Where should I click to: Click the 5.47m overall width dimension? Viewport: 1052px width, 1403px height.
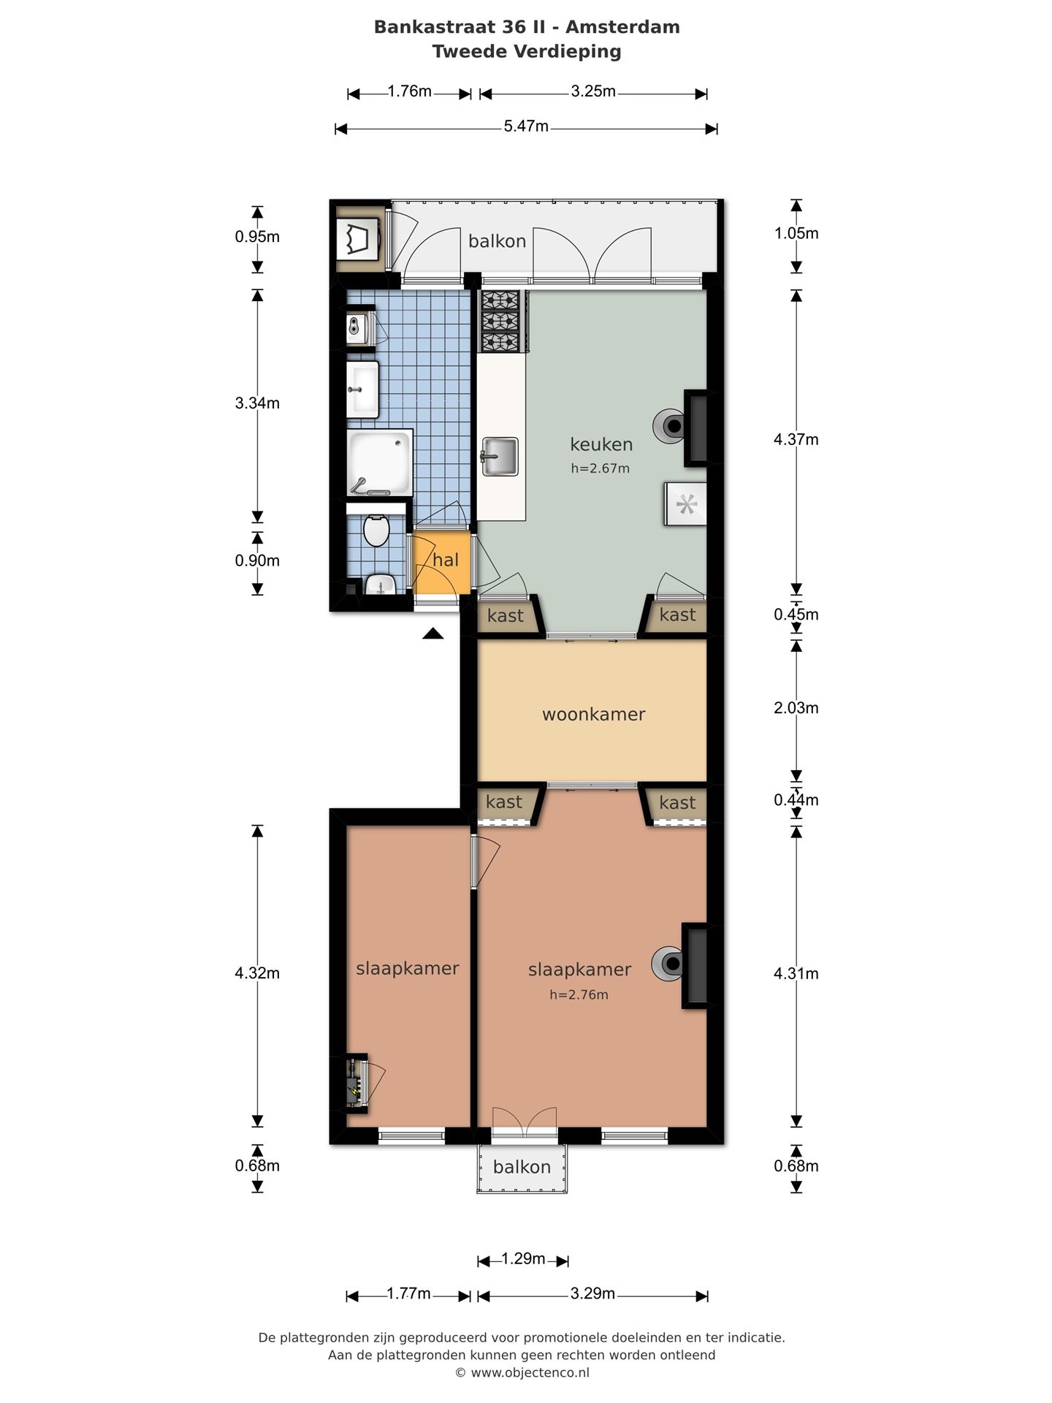pyautogui.click(x=526, y=126)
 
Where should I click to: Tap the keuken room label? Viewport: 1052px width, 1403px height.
pyautogui.click(x=601, y=444)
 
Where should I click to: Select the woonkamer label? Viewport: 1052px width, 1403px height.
pyautogui.click(x=593, y=714)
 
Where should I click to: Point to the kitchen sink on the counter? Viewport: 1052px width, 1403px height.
pyautogui.click(x=500, y=456)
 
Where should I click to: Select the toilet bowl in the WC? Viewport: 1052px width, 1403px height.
pyautogui.click(x=376, y=530)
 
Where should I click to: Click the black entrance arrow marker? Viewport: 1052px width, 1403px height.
pyautogui.click(x=432, y=634)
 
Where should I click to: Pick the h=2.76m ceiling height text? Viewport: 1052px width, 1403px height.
pyautogui.click(x=579, y=995)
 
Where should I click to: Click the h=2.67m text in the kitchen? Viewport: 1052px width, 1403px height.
pyautogui.click(x=600, y=468)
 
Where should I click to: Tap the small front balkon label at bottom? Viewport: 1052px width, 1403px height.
pyautogui.click(x=522, y=1167)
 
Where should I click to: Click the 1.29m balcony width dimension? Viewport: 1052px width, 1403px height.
pyautogui.click(x=523, y=1258)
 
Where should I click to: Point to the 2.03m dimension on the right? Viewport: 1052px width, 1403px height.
pyautogui.click(x=796, y=707)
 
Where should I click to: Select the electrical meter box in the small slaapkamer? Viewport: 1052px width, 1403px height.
pyautogui.click(x=356, y=1084)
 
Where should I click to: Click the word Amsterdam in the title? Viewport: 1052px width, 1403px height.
pyautogui.click(x=622, y=27)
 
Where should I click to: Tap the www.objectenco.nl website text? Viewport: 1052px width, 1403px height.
pyautogui.click(x=530, y=1372)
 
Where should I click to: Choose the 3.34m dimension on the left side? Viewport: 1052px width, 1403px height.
pyautogui.click(x=257, y=403)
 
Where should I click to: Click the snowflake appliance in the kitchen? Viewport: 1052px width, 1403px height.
pyautogui.click(x=686, y=504)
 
